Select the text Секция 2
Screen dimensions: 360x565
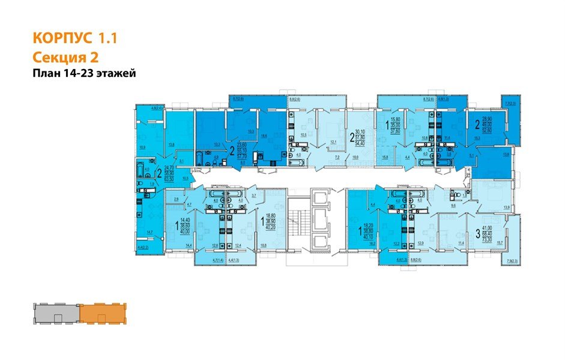pos(64,57)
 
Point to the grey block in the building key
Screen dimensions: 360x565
pos(56,313)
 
